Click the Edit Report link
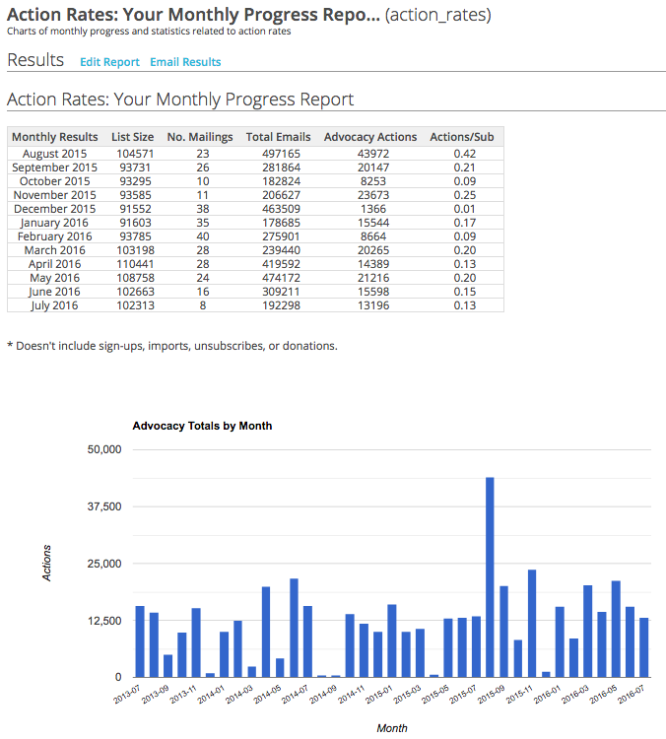[109, 62]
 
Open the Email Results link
[185, 62]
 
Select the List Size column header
[132, 137]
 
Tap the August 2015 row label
[54, 154]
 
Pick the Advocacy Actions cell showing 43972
[370, 154]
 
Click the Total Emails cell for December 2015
[278, 209]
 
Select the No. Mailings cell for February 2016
[203, 236]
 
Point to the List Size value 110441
[132, 264]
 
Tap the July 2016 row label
[54, 305]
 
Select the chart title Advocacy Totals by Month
[202, 426]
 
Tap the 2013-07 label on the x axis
[128, 695]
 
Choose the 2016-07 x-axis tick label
[633, 695]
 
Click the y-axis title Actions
[46, 563]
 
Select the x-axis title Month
[391, 728]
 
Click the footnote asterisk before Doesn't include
[10, 347]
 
